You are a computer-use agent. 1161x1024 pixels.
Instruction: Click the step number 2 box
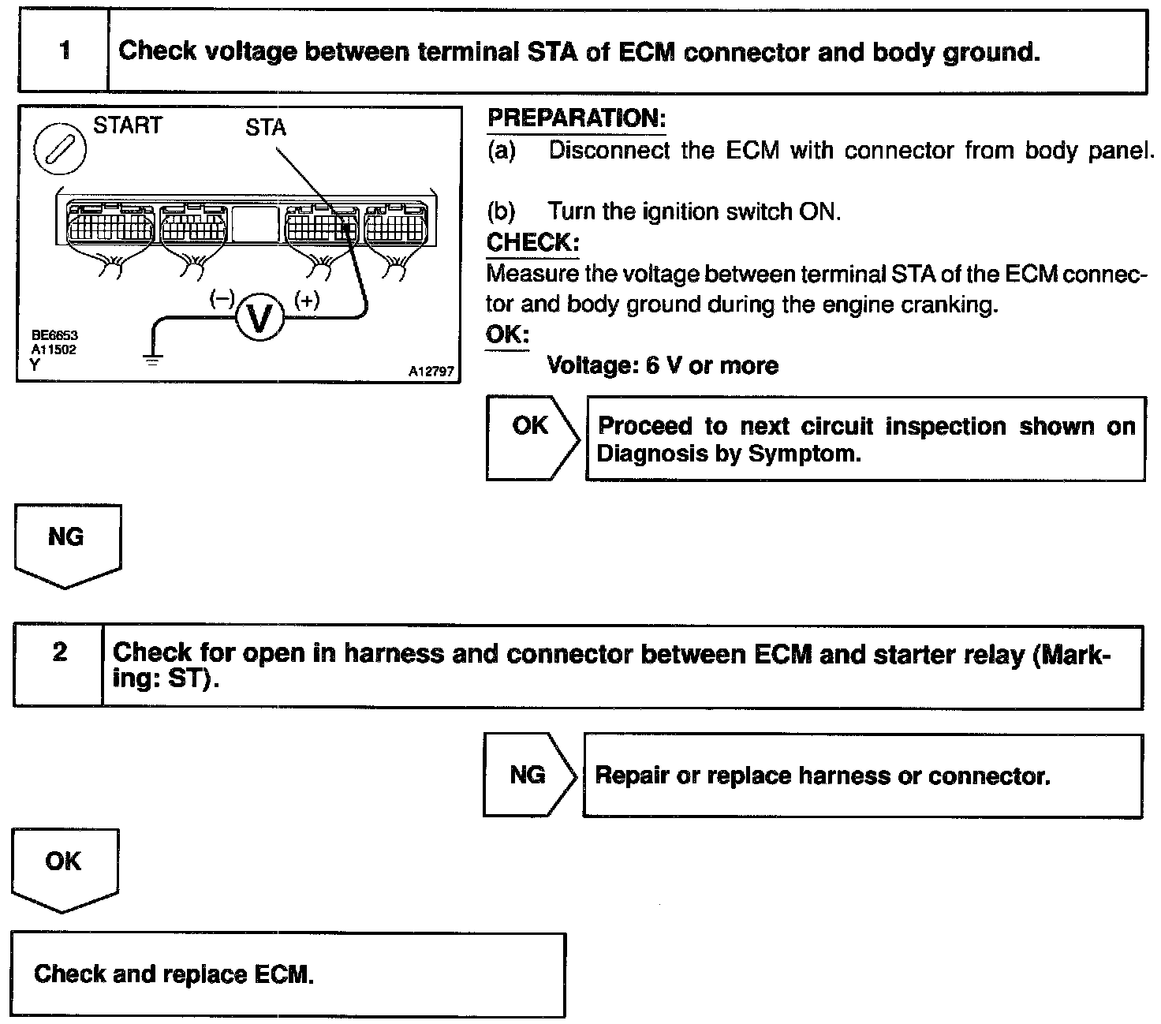pos(59,665)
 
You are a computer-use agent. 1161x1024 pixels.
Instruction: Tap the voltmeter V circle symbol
pos(260,317)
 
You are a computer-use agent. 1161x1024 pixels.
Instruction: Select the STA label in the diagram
pos(266,128)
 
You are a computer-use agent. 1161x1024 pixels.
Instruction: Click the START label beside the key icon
pos(128,125)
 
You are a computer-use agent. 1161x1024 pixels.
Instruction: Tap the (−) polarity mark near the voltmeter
pos(222,299)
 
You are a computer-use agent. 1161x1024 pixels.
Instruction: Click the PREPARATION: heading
pos(577,118)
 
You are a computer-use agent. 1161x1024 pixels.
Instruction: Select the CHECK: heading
pos(532,242)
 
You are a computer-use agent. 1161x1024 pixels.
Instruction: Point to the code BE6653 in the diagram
pos(54,335)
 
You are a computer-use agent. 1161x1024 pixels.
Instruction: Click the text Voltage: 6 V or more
pos(663,365)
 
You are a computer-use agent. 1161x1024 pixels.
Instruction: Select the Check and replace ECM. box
pos(288,974)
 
